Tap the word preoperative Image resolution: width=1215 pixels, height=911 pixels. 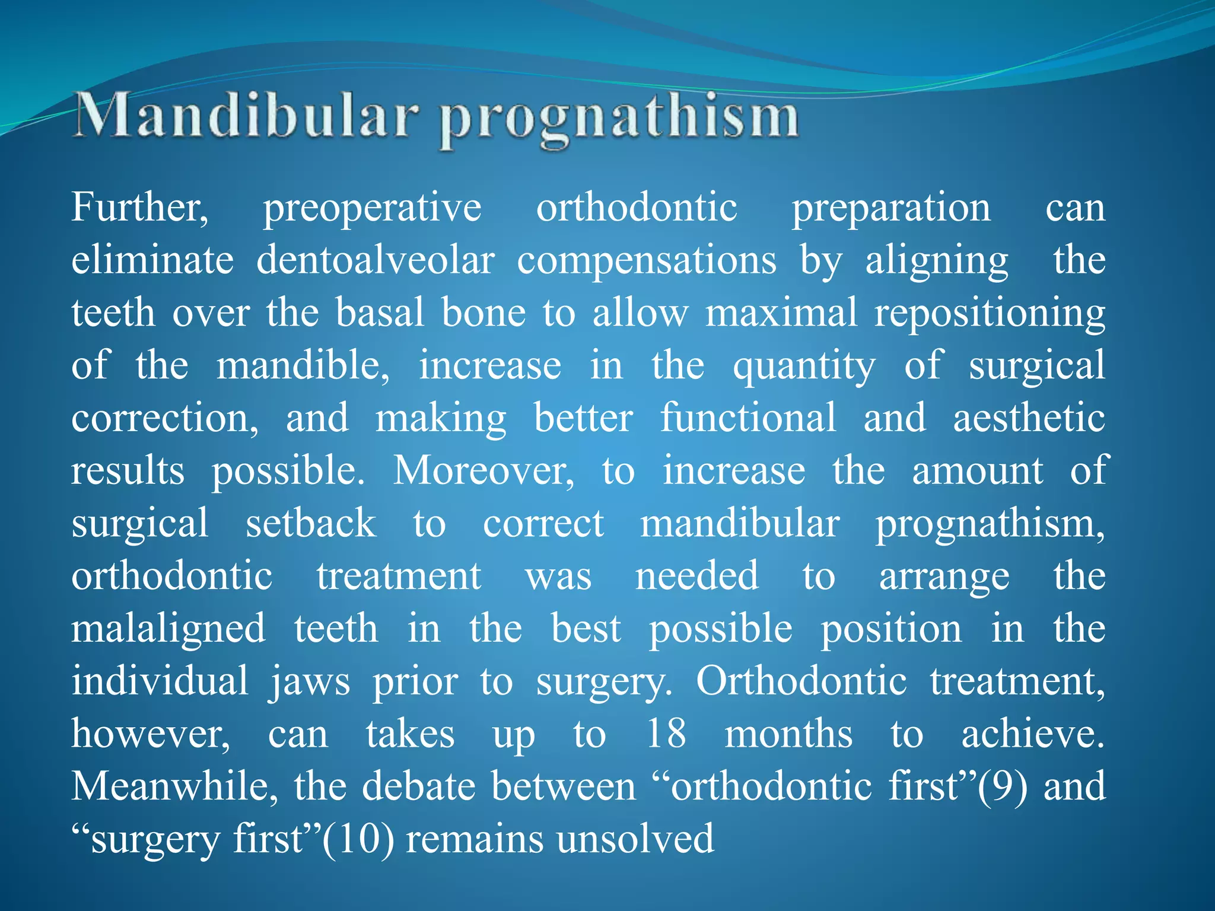click(372, 209)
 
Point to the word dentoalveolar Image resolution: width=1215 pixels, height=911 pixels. click(375, 260)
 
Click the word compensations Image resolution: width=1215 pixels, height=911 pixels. click(646, 262)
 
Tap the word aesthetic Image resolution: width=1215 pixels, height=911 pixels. click(1029, 418)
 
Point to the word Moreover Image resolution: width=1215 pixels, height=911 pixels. click(483, 471)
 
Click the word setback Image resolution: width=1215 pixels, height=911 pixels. click(311, 523)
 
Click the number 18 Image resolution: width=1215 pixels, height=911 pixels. click(666, 734)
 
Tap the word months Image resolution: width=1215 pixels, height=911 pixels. click(788, 734)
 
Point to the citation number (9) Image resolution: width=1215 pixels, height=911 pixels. click(1002, 786)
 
